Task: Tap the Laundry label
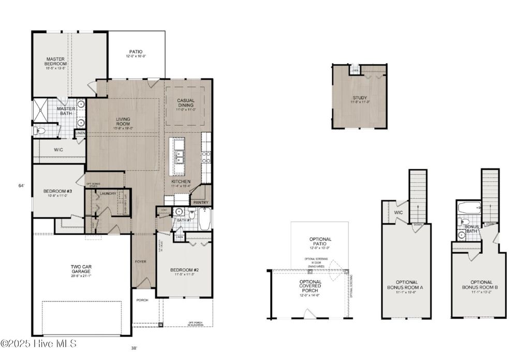point(108,193)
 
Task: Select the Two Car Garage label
point(82,270)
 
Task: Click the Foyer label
point(141,262)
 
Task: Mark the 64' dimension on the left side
point(21,185)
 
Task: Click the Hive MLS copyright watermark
point(39,343)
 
